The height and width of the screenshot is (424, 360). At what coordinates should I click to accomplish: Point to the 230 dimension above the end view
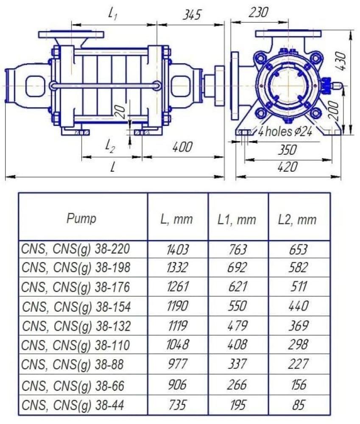tap(258, 12)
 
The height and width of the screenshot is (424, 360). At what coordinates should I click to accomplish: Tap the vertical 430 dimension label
tap(342, 61)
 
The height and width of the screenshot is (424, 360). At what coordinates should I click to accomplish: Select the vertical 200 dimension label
tap(334, 111)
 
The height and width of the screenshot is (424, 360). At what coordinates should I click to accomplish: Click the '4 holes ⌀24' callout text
tap(285, 132)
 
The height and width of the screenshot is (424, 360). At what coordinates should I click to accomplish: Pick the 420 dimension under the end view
tap(287, 167)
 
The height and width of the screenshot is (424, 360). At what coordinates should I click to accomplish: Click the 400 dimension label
tap(182, 147)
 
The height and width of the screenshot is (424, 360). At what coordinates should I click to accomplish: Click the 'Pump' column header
tap(81, 218)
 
